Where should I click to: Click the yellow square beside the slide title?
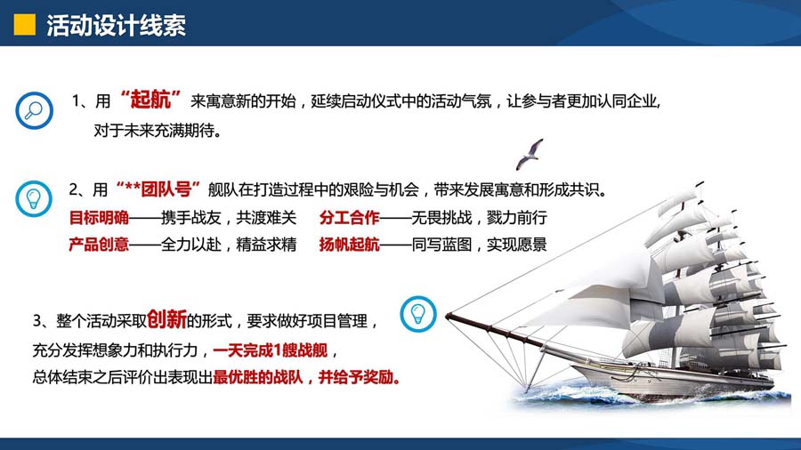pyautogui.click(x=25, y=25)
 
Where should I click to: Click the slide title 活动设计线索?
pyautogui.click(x=116, y=25)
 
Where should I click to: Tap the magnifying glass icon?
pyautogui.click(x=34, y=110)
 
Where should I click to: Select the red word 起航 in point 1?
pyautogui.click(x=150, y=99)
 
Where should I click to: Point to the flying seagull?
pyautogui.click(x=530, y=154)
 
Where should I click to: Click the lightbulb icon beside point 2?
pyautogui.click(x=34, y=199)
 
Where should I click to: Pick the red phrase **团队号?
pyautogui.click(x=158, y=189)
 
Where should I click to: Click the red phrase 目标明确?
pyautogui.click(x=99, y=218)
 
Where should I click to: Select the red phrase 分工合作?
pyautogui.click(x=350, y=218)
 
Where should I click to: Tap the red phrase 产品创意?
pyautogui.click(x=99, y=245)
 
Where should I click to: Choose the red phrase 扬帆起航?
pyautogui.click(x=350, y=245)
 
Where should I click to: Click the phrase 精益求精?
pyautogui.click(x=266, y=245)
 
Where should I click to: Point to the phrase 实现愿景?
pyautogui.click(x=516, y=245)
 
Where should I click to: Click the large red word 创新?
pyautogui.click(x=167, y=319)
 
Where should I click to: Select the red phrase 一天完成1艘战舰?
pyautogui.click(x=271, y=350)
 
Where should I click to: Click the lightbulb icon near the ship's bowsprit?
pyautogui.click(x=418, y=314)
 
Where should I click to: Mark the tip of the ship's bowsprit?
pyautogui.click(x=447, y=317)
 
